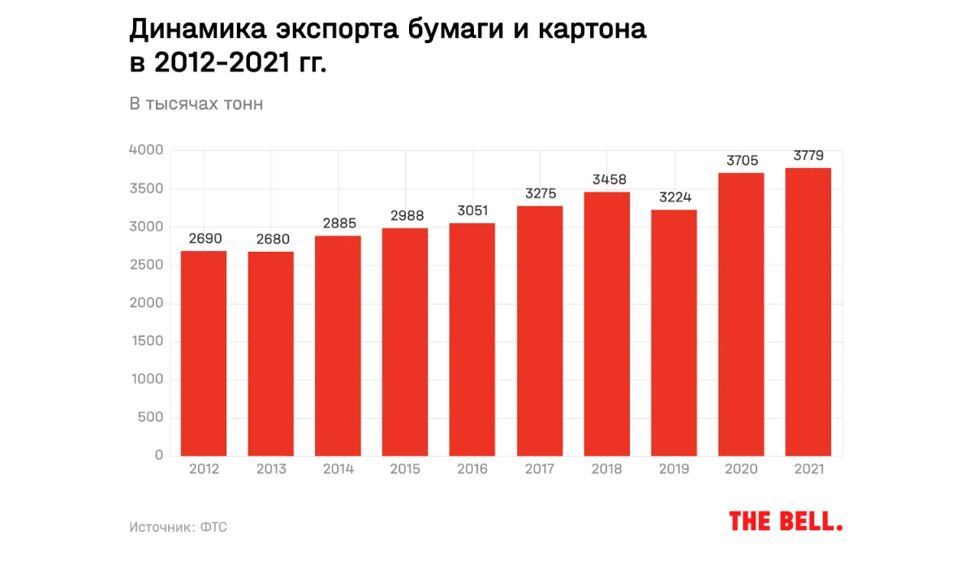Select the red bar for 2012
tap(204, 353)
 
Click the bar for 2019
tap(674, 333)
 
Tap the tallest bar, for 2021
tap(808, 312)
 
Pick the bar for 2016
tap(472, 339)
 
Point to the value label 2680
tap(271, 240)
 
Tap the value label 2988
tap(405, 216)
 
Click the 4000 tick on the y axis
tap(146, 150)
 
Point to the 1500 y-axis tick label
tap(147, 341)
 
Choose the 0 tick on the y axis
tap(159, 456)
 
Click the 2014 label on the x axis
tap(338, 469)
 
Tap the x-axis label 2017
tap(540, 469)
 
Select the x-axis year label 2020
tap(741, 469)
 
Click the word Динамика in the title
tap(196, 30)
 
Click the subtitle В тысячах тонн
tap(196, 104)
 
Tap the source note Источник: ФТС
tap(178, 527)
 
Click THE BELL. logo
tap(786, 521)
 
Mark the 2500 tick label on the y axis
tap(147, 265)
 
